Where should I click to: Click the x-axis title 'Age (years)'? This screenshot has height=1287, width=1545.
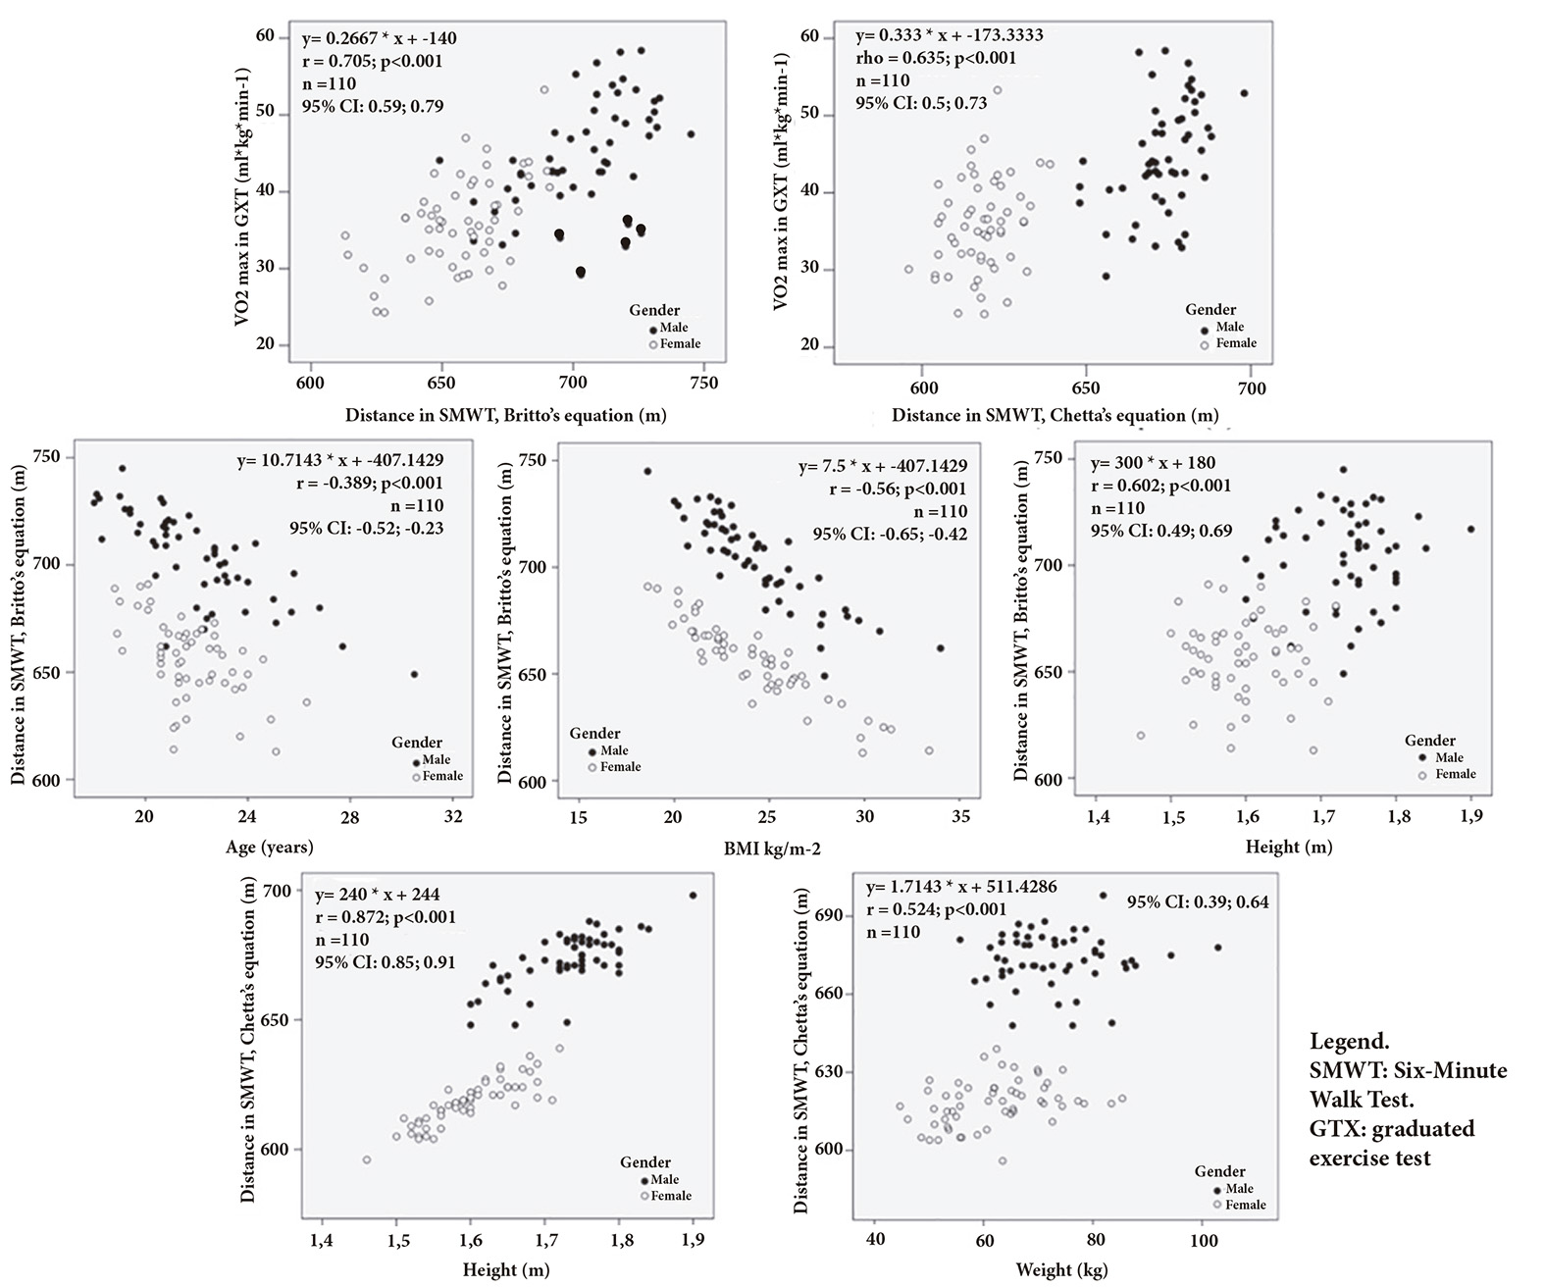[270, 847]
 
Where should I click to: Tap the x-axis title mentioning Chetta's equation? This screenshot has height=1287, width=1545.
[1055, 415]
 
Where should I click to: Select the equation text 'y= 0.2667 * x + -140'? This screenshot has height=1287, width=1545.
[380, 39]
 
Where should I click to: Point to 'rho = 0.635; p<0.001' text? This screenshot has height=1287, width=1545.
[935, 58]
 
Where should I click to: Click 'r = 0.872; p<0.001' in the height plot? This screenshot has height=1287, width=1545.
[385, 917]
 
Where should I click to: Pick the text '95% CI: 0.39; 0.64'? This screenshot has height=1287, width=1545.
[1197, 901]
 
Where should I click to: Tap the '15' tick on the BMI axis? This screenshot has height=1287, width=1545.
[578, 816]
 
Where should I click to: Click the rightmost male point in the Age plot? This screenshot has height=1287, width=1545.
[414, 674]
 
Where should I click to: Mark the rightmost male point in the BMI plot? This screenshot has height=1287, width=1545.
[940, 648]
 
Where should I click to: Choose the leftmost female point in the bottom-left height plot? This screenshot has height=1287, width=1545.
[367, 1159]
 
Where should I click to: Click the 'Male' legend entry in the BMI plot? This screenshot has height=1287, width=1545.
[614, 751]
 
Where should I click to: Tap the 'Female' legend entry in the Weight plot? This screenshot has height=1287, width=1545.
[1245, 1205]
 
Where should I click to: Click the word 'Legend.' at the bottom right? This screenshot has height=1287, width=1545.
[1349, 1040]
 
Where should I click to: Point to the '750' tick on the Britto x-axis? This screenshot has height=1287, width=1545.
[704, 383]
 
